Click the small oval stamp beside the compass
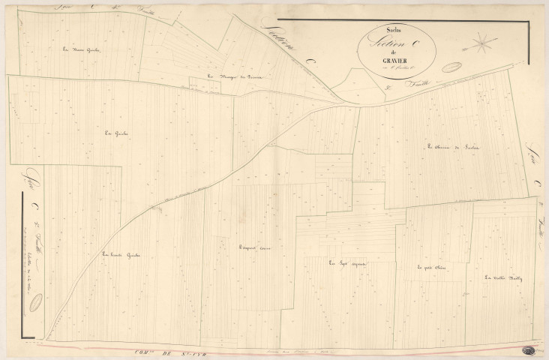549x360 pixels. pos(451,67)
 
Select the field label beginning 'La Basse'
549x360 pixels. pos(82,49)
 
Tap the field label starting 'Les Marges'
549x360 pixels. pos(232,76)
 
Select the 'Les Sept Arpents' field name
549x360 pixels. pos(343,262)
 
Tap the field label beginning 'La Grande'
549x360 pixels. pos(121,255)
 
